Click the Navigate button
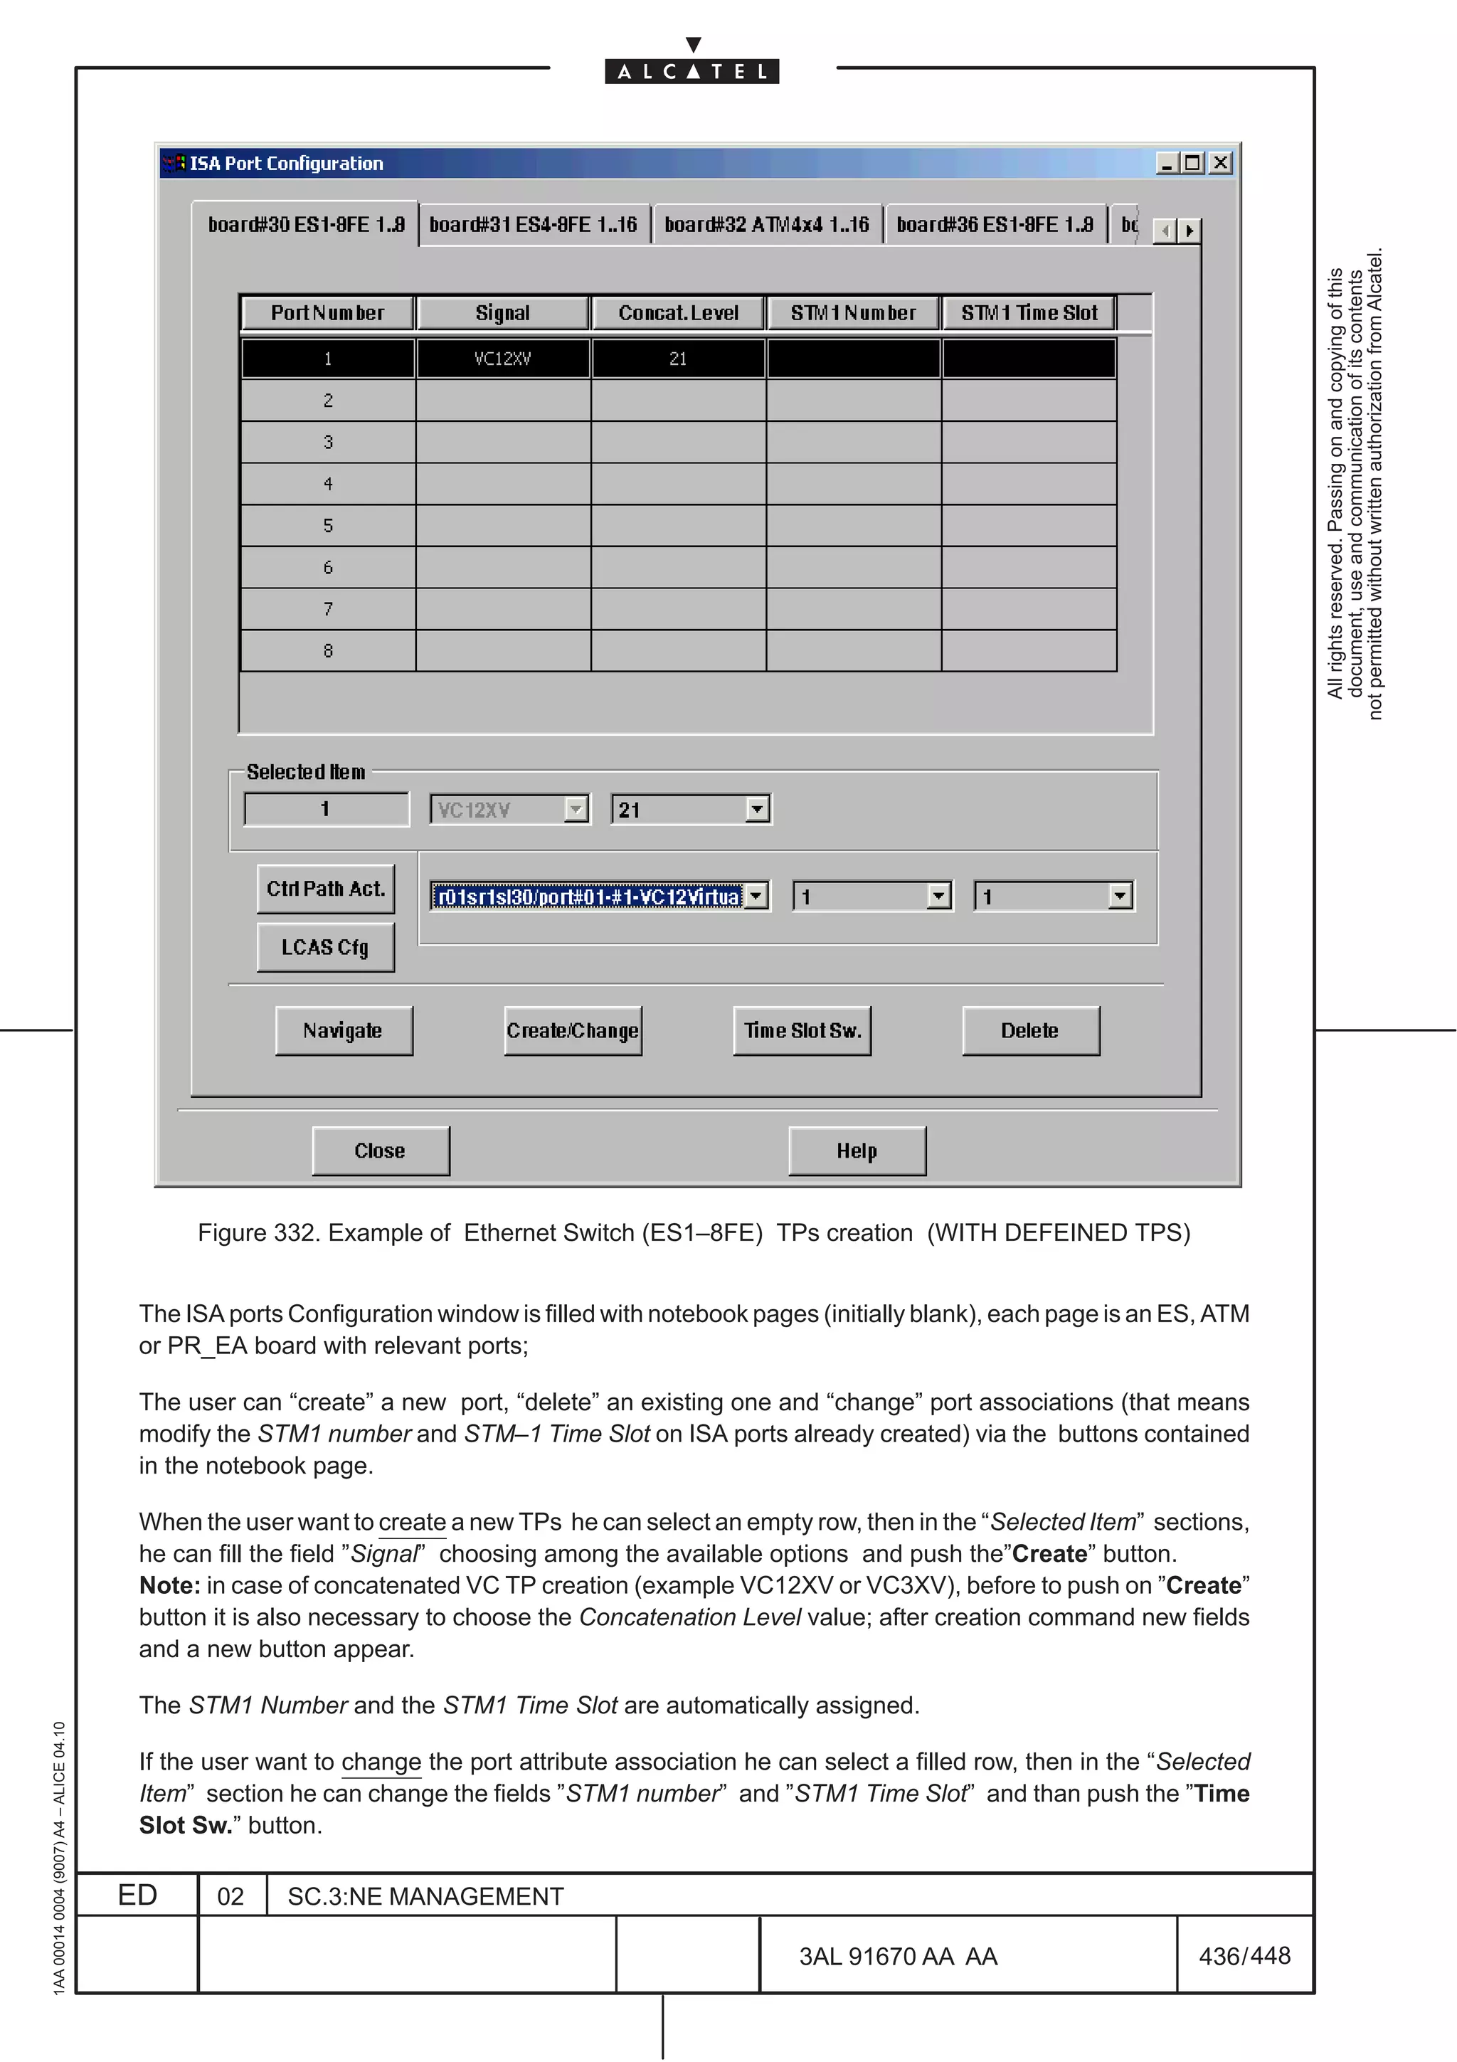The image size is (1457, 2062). [x=343, y=1030]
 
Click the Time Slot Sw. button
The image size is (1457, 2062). [x=802, y=1030]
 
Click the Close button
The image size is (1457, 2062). [x=380, y=1151]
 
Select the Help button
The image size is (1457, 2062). [x=857, y=1151]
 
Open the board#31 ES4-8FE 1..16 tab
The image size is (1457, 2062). [x=534, y=225]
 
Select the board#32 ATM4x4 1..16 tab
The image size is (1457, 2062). [x=767, y=225]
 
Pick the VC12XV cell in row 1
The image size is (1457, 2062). [x=503, y=359]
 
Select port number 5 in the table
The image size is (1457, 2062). [x=328, y=525]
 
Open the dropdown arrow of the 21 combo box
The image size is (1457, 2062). [x=758, y=809]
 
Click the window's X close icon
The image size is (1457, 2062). [x=1220, y=162]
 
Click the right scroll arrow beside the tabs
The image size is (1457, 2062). [x=1190, y=231]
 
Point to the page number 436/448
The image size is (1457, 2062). [x=1244, y=1955]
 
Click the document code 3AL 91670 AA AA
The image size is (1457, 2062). [x=898, y=1956]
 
